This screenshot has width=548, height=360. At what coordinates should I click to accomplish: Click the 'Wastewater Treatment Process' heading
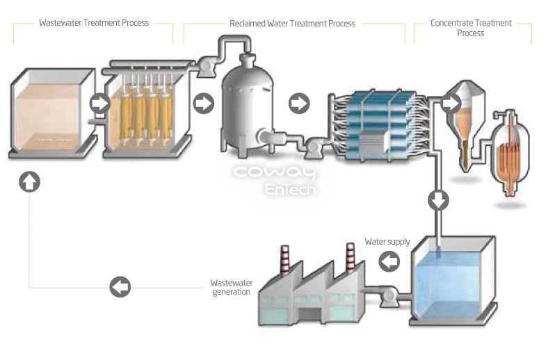(x=94, y=23)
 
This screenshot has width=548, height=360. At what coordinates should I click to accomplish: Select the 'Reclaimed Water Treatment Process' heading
(x=293, y=24)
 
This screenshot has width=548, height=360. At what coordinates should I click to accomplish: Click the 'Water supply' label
(x=387, y=242)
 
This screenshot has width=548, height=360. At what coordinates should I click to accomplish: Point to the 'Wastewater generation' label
(x=230, y=287)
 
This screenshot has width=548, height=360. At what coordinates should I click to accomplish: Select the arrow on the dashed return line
(x=120, y=286)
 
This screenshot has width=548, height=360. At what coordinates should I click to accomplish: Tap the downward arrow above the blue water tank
(x=438, y=200)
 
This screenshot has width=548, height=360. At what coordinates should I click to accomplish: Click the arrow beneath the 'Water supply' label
(x=389, y=261)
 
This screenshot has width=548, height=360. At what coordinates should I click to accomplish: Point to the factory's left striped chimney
(x=284, y=263)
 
